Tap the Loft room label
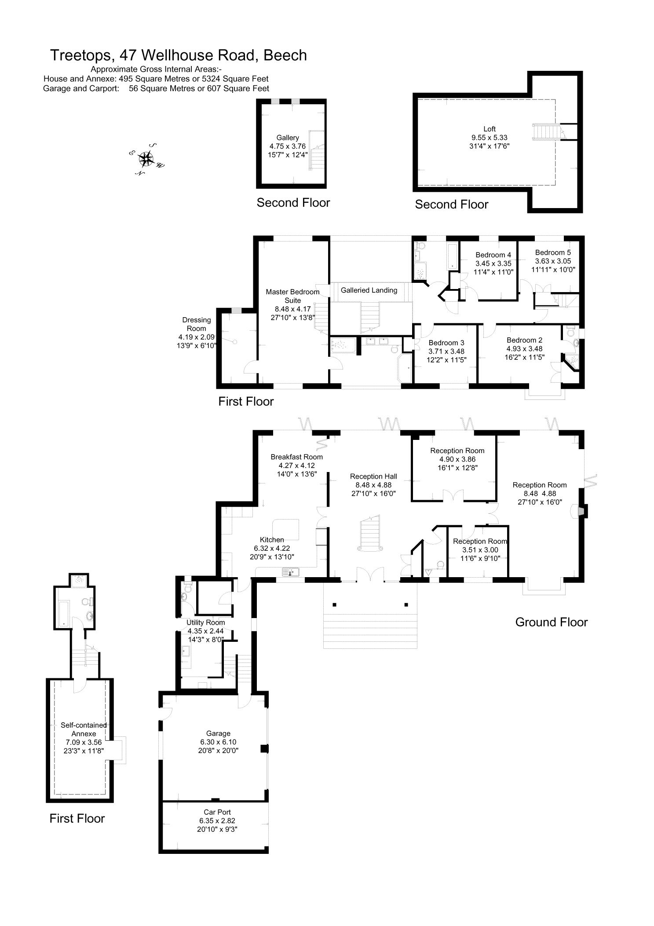point(489,129)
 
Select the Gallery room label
point(287,138)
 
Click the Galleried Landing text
point(369,290)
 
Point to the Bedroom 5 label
point(553,253)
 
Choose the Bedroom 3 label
point(446,343)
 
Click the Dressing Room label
point(196,324)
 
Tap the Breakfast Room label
point(296,457)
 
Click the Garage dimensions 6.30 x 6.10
point(218,742)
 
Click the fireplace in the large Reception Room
point(580,512)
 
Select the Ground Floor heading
point(551,622)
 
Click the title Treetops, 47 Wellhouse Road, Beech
point(178,55)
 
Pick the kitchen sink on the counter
point(291,572)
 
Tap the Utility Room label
point(205,622)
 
